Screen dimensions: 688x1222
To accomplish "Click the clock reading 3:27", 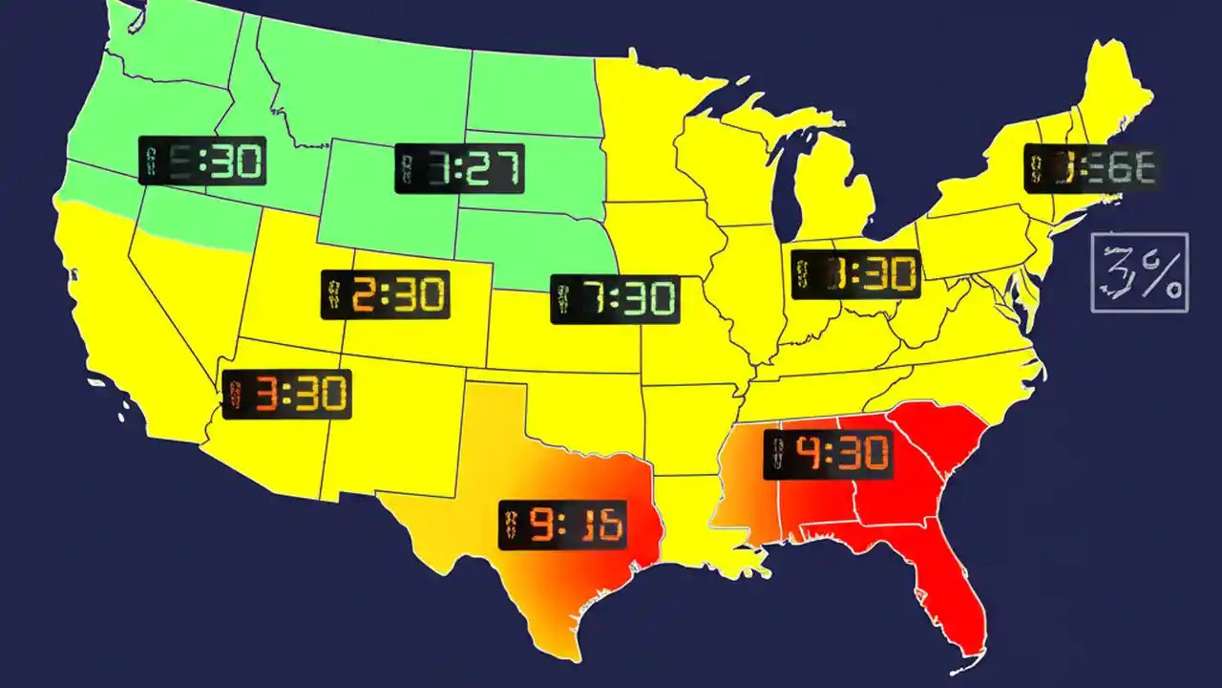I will [459, 169].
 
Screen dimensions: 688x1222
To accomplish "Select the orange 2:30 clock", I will [385, 295].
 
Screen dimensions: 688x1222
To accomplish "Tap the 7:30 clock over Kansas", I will [615, 299].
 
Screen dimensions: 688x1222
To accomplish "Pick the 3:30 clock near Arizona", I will [286, 394].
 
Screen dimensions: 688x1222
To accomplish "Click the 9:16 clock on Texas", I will [563, 525].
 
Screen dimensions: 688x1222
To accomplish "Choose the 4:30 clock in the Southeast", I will [828, 454].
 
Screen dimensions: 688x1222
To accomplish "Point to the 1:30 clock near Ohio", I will [855, 274].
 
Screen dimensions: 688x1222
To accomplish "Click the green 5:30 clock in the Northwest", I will [202, 161].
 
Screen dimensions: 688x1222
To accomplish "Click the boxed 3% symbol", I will [1140, 272].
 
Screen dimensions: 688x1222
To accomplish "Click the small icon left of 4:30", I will [777, 455].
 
